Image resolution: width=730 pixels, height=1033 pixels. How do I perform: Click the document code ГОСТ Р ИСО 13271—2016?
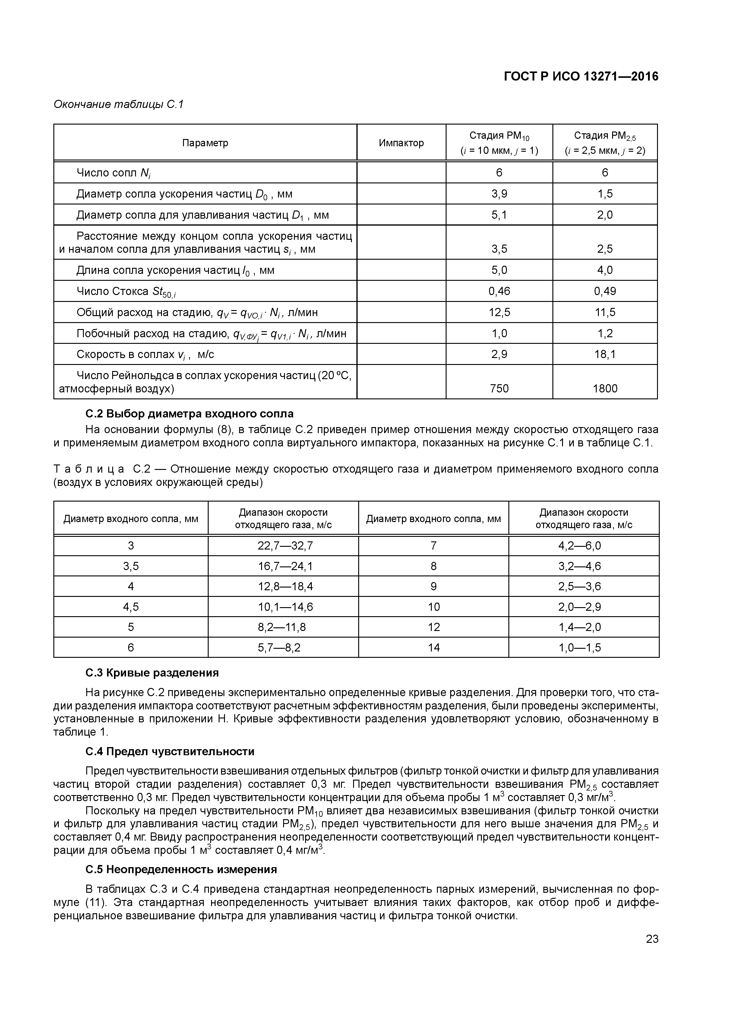[581, 77]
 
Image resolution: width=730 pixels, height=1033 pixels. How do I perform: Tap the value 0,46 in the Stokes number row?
[499, 291]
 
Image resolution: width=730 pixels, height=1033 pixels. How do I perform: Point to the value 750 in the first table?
[499, 388]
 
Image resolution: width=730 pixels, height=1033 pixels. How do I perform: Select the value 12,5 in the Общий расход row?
[499, 312]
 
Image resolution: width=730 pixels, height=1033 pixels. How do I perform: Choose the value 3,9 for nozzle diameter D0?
[499, 194]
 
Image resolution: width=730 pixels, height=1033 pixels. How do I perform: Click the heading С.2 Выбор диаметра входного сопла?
[189, 414]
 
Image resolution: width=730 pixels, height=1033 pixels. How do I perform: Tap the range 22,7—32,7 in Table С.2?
[285, 546]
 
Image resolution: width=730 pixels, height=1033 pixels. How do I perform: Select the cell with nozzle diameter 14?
[434, 648]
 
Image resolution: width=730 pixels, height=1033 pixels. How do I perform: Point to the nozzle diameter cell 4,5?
[131, 607]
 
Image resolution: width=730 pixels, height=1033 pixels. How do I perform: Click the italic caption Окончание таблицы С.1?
[119, 104]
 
